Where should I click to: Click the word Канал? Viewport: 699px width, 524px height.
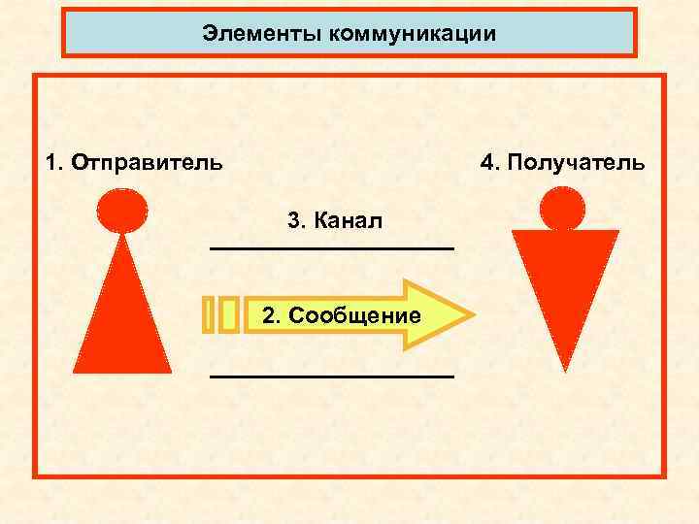349,221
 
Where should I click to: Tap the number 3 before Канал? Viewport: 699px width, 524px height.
294,221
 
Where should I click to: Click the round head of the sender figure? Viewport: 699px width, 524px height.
122,210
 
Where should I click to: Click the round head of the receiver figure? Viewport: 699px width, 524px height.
563,208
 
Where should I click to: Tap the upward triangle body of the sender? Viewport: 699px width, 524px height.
122,320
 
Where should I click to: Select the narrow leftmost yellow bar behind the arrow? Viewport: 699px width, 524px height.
209,314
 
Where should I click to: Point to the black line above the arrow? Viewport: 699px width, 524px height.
332,250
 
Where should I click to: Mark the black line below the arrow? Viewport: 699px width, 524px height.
332,375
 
